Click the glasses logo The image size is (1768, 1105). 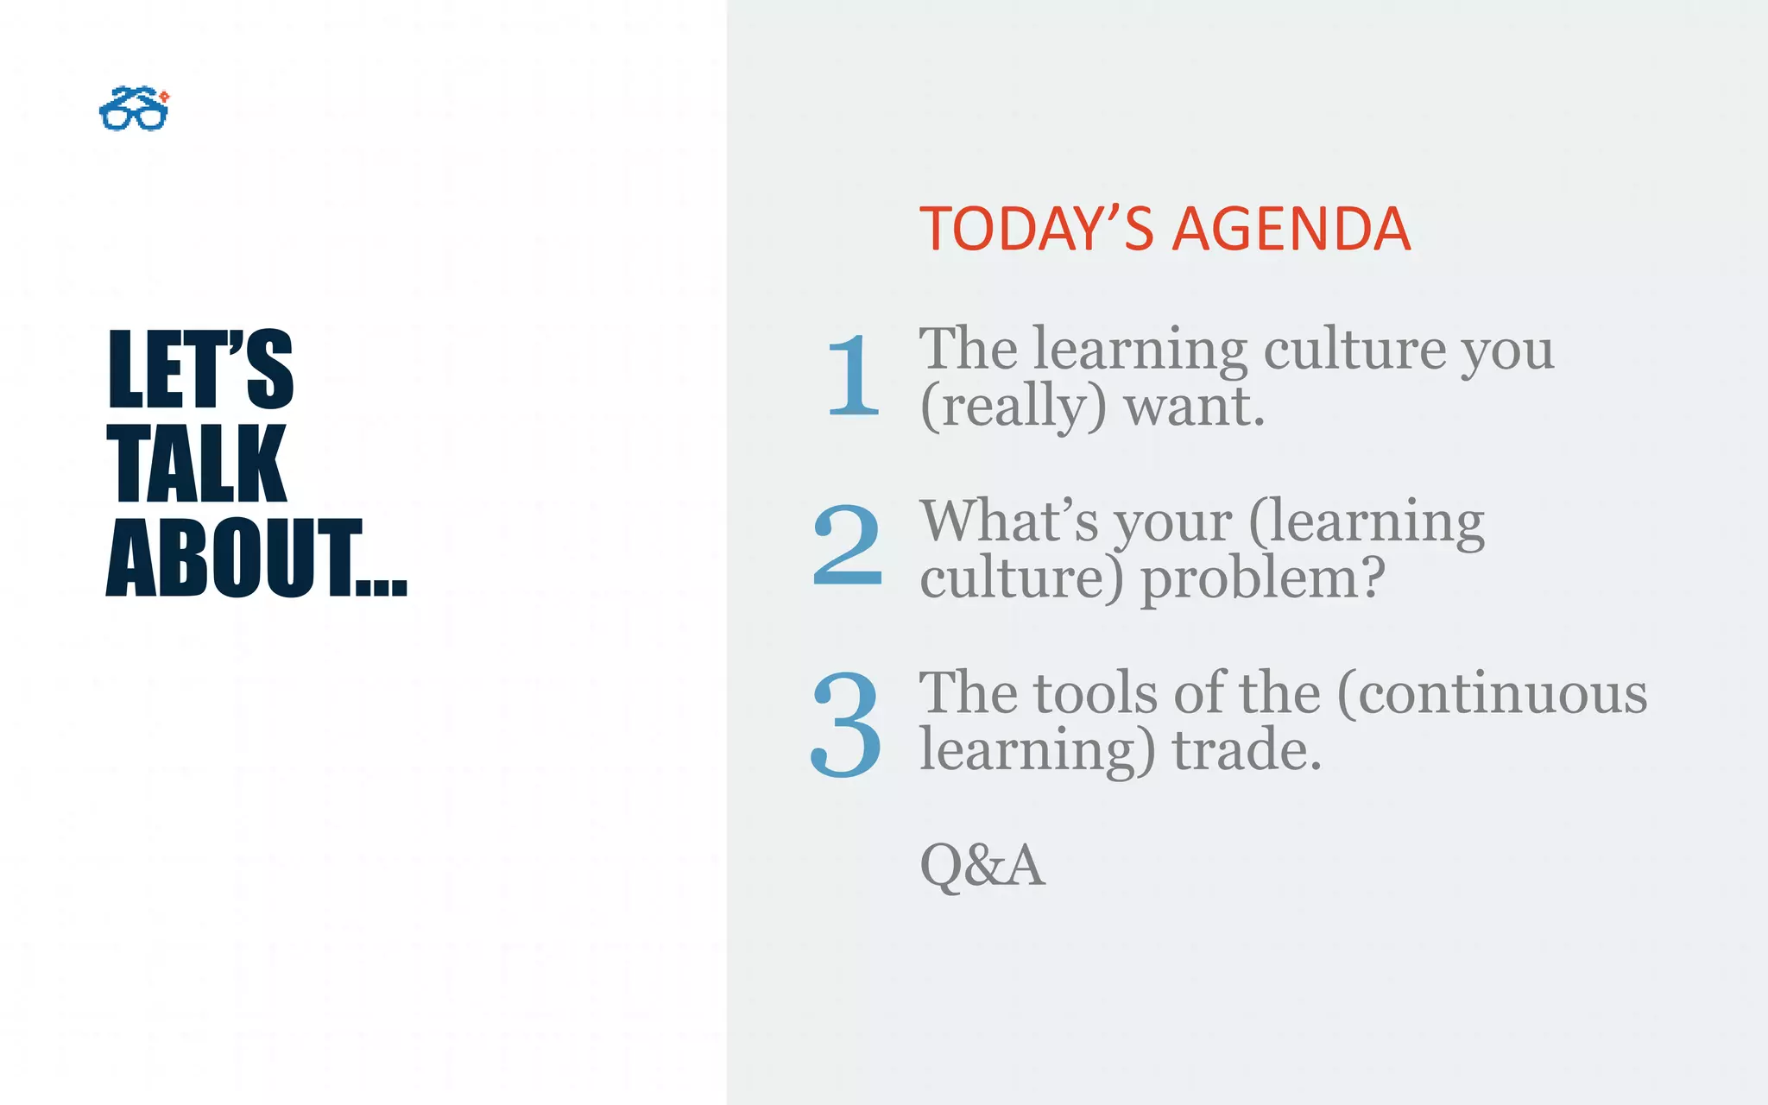pyautogui.click(x=134, y=109)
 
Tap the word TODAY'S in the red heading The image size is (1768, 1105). pyautogui.click(x=1036, y=230)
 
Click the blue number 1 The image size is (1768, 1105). pyautogui.click(x=853, y=376)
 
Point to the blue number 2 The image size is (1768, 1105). pyautogui.click(x=848, y=546)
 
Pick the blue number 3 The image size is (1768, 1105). pyautogui.click(x=847, y=723)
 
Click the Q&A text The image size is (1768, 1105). pyautogui.click(x=982, y=865)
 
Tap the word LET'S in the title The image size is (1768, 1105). pyautogui.click(x=200, y=369)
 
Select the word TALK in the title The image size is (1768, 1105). pyautogui.click(x=197, y=464)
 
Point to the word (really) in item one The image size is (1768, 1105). pyautogui.click(x=1013, y=406)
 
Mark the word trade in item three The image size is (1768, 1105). pyautogui.click(x=1246, y=748)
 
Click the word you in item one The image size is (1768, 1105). pyautogui.click(x=1507, y=350)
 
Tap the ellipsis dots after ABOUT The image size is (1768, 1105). pyautogui.click(x=382, y=587)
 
